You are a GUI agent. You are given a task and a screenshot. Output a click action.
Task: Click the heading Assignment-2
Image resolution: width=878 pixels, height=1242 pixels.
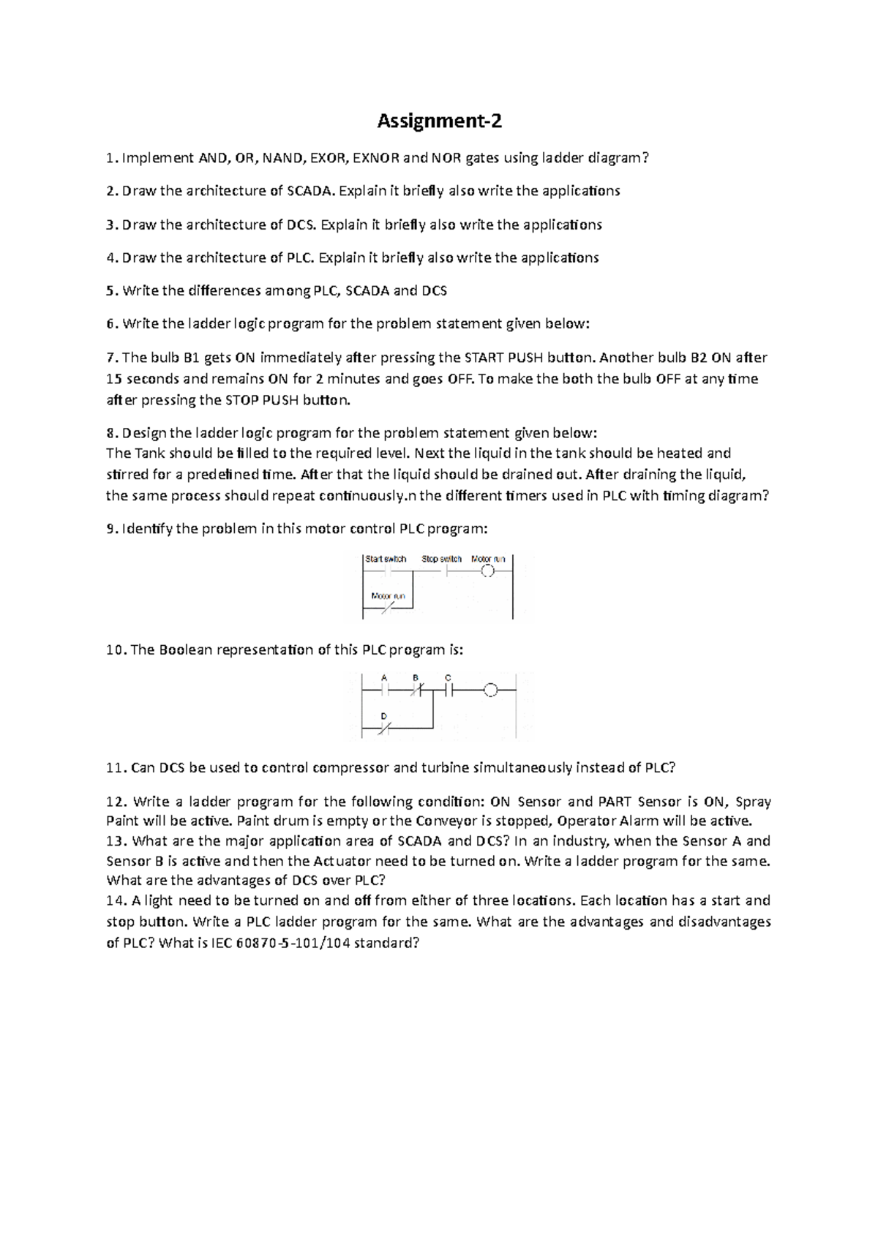coord(439,121)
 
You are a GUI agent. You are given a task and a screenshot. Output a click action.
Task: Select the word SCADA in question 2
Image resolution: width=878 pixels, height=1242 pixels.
coord(310,191)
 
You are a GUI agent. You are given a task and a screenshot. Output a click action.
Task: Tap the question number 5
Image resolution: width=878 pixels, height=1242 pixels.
coord(110,290)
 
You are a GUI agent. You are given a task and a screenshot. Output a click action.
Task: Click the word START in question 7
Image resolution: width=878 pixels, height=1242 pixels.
coord(484,358)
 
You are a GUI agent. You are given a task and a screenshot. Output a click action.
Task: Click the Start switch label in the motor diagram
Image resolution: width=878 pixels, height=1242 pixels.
coord(386,559)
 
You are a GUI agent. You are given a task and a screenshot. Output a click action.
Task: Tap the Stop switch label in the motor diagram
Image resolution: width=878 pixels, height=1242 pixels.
coord(441,559)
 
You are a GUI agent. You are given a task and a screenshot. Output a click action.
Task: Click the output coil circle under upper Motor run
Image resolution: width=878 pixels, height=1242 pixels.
coord(488,572)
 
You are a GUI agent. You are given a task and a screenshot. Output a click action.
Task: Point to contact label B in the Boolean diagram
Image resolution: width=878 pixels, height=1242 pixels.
coord(416,677)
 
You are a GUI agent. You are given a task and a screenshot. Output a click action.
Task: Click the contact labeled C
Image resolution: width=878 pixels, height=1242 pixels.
coord(448,689)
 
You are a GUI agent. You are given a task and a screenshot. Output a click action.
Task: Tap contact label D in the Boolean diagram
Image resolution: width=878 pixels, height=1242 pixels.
coord(383,715)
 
